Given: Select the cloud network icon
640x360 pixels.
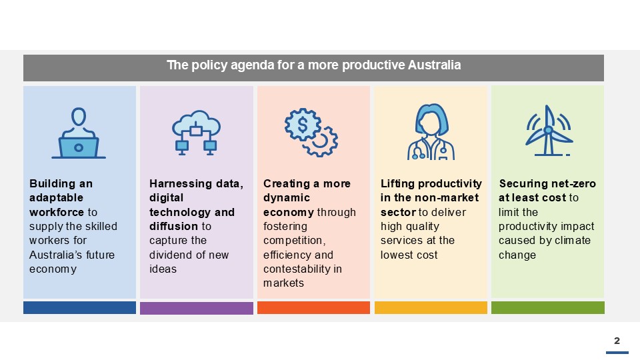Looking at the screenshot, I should click(196, 133).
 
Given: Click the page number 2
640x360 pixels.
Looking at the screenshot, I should click(617, 341).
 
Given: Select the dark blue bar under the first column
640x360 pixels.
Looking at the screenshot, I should click(79, 307).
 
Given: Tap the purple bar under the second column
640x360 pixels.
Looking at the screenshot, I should click(196, 308).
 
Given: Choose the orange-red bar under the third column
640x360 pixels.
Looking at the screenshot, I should click(313, 308).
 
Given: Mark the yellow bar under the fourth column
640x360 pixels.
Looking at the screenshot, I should click(431, 308).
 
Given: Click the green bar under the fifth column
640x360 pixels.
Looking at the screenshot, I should click(547, 307).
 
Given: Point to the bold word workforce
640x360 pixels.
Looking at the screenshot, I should click(57, 212).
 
